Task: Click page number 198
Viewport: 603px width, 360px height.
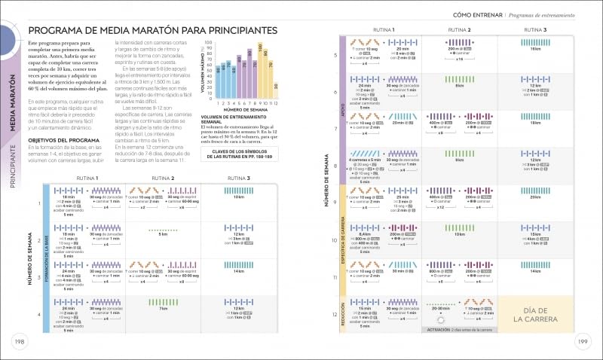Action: tap(17, 343)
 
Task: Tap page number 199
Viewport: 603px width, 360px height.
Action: tap(582, 343)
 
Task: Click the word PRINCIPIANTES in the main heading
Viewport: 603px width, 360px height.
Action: tap(226, 29)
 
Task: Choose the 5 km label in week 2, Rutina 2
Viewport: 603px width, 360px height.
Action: tap(163, 234)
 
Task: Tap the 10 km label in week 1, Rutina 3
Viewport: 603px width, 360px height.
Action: tap(239, 197)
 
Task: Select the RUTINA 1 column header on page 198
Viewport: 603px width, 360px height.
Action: tap(87, 178)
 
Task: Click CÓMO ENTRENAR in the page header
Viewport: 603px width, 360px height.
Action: tap(477, 15)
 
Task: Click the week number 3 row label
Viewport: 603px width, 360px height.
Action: tap(38, 277)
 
